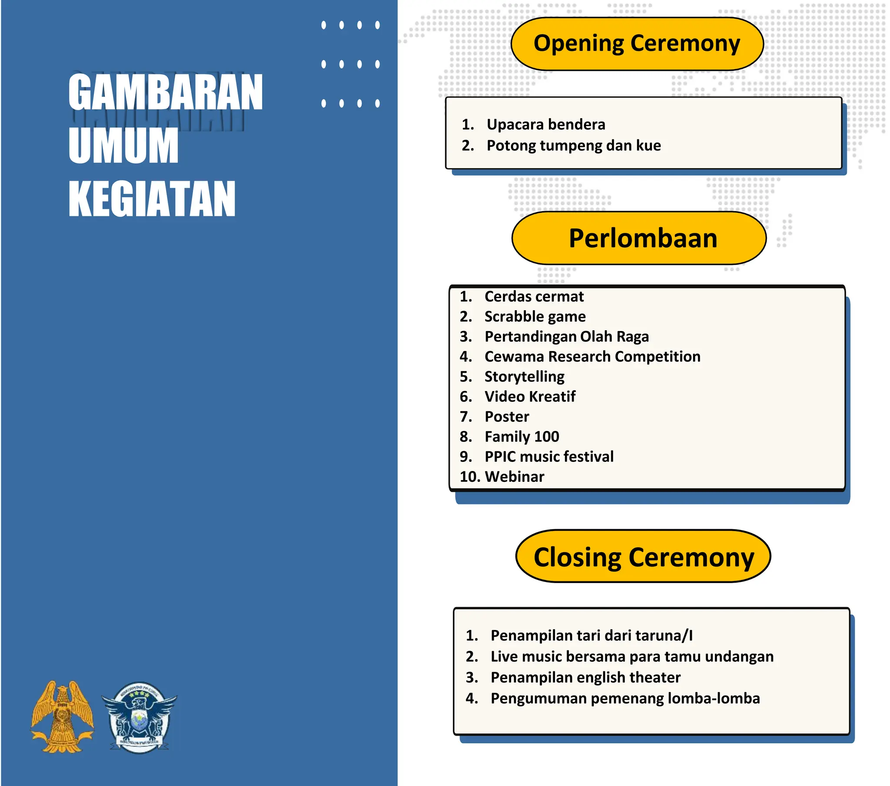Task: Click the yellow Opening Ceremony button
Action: point(637,44)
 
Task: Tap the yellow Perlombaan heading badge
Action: point(638,238)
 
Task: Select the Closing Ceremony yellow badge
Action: point(643,556)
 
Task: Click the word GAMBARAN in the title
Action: point(166,92)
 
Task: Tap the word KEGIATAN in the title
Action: point(152,199)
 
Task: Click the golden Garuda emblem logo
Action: point(62,716)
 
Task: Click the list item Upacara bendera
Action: point(545,125)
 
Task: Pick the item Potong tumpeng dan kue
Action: point(573,146)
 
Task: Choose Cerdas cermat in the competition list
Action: point(534,297)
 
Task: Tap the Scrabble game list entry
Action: point(535,317)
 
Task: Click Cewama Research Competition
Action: point(592,357)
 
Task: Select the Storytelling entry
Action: point(524,377)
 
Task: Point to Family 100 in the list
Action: point(521,436)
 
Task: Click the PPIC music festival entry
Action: point(548,456)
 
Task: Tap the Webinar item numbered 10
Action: point(514,476)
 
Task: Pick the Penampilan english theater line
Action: point(585,677)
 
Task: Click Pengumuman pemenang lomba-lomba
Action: point(625,698)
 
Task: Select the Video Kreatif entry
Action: point(529,397)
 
